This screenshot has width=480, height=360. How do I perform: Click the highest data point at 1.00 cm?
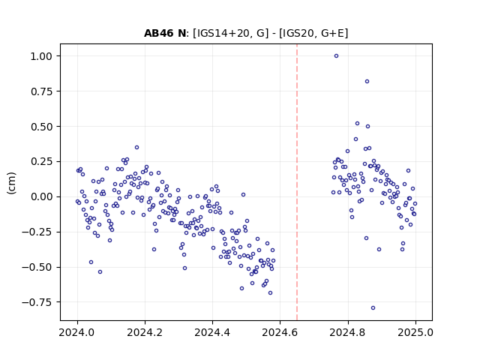pos(336,56)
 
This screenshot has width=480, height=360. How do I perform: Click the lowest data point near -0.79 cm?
pos(373,308)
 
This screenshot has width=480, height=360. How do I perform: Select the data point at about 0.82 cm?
pos(367,82)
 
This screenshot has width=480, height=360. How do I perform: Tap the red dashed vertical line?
pos(297,182)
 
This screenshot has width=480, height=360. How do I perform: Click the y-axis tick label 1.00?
pos(41,56)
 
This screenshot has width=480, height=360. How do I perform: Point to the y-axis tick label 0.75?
pos(41,91)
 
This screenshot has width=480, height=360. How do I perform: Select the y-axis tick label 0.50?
pos(41,127)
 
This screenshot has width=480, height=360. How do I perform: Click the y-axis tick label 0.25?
pos(41,162)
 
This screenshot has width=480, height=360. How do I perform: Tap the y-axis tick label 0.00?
pos(41,196)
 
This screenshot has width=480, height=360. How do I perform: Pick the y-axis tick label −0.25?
pos(37,232)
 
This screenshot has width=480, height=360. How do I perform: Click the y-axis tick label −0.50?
pos(37,267)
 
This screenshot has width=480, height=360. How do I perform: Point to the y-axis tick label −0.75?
pos(37,302)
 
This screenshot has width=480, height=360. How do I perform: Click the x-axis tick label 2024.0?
pos(77,332)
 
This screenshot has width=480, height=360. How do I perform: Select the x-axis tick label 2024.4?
pos(212,332)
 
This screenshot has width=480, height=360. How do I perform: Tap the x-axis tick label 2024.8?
pos(348,332)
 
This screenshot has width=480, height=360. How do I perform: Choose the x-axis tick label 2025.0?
pos(415,332)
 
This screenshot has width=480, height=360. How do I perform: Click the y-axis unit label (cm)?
pos(11,183)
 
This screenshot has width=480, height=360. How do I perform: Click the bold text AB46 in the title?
pos(159,33)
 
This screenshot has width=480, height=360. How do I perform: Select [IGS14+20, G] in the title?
pos(230,33)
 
